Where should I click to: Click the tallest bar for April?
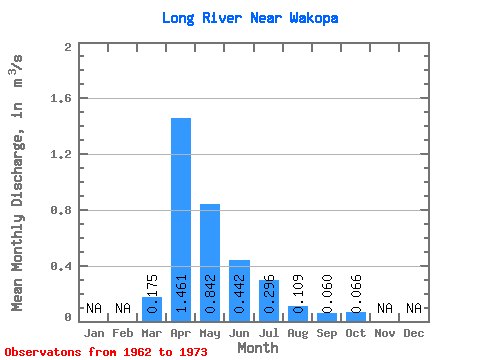(181, 220)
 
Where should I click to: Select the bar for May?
(210, 263)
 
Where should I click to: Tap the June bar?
(239, 291)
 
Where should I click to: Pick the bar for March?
(152, 309)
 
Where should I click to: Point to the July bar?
(269, 301)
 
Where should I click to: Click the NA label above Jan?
(94, 308)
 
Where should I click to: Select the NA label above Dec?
(414, 308)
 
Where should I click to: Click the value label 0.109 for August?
(298, 294)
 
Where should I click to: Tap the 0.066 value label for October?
(356, 294)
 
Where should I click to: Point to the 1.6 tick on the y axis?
(61, 98)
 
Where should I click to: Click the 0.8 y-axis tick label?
(61, 210)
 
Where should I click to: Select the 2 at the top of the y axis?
(68, 47)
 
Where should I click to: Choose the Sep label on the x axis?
(327, 333)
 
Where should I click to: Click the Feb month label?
(123, 333)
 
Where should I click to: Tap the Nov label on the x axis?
(385, 333)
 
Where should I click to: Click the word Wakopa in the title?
(314, 18)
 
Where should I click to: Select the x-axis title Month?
(258, 348)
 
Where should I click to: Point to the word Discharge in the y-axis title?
(17, 170)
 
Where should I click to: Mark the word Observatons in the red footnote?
(43, 352)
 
